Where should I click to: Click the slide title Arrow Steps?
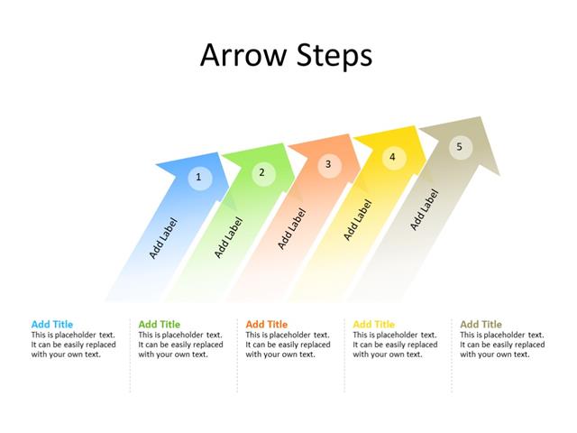(286, 55)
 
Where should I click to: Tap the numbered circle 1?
(199, 178)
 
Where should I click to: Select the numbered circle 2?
(262, 172)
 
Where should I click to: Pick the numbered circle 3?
(328, 164)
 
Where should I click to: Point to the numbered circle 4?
(392, 157)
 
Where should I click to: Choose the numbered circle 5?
(460, 146)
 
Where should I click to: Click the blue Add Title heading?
(52, 325)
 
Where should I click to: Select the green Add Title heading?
(160, 325)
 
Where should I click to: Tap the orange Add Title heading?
(267, 325)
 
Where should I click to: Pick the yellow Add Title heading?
(374, 325)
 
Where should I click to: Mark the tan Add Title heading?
(481, 325)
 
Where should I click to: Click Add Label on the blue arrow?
(163, 238)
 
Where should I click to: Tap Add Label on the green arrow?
(229, 237)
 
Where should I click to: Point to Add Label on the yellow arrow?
(358, 220)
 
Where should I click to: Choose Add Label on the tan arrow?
(425, 209)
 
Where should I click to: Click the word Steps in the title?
(333, 55)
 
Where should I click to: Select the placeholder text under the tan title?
(502, 345)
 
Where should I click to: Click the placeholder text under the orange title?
(288, 345)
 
